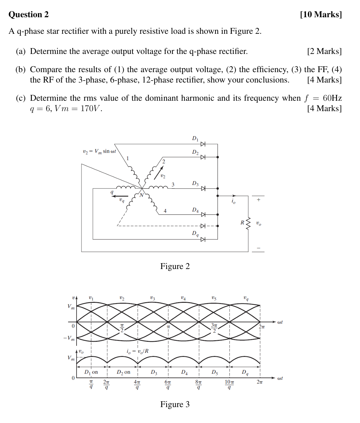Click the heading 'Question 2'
click(29, 14)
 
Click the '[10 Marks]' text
click(321, 14)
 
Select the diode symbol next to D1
click(203, 144)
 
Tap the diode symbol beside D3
click(203, 188)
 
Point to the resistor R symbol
click(249, 223)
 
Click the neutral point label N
click(141, 195)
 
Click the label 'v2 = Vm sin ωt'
click(99, 151)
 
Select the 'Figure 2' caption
click(175, 266)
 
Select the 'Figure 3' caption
click(175, 404)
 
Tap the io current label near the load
click(233, 201)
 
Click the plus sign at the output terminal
click(258, 200)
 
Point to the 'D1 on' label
click(91, 372)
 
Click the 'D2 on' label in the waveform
click(123, 372)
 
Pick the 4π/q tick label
click(137, 385)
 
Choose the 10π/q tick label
click(229, 385)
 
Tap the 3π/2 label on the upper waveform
click(214, 328)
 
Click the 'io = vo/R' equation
click(138, 351)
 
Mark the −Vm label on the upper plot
click(69, 338)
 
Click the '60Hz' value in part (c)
click(332, 98)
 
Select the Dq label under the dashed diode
click(195, 233)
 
